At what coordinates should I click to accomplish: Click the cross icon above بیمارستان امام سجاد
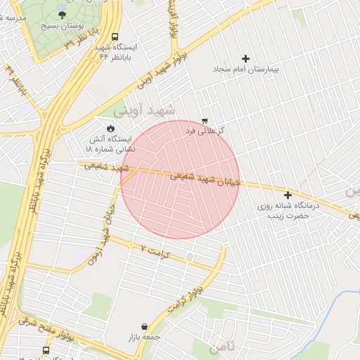245,59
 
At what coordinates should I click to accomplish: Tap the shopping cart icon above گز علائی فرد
205,121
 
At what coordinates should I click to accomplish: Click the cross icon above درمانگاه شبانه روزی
288,195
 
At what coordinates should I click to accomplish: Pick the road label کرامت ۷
156,250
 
